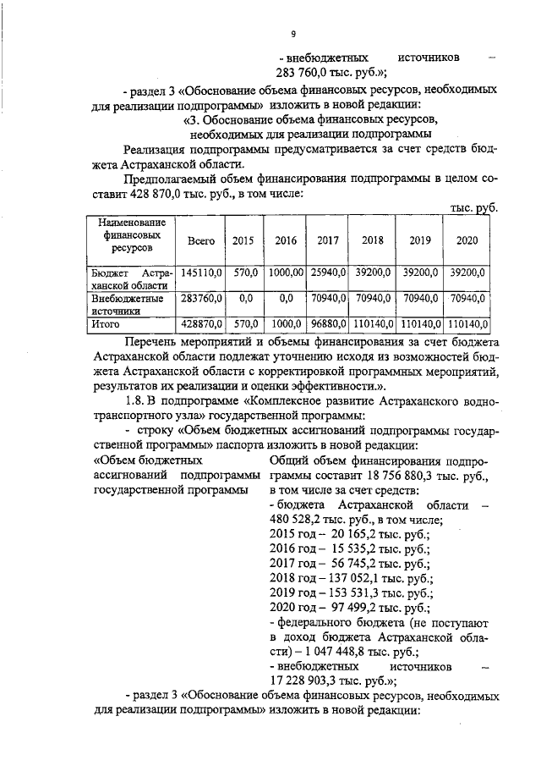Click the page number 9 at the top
coord(292,34)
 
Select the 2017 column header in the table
coord(327,240)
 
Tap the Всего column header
coord(200,240)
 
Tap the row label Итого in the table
coord(107,323)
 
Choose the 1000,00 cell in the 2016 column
coord(285,273)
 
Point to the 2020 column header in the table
coord(467,240)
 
